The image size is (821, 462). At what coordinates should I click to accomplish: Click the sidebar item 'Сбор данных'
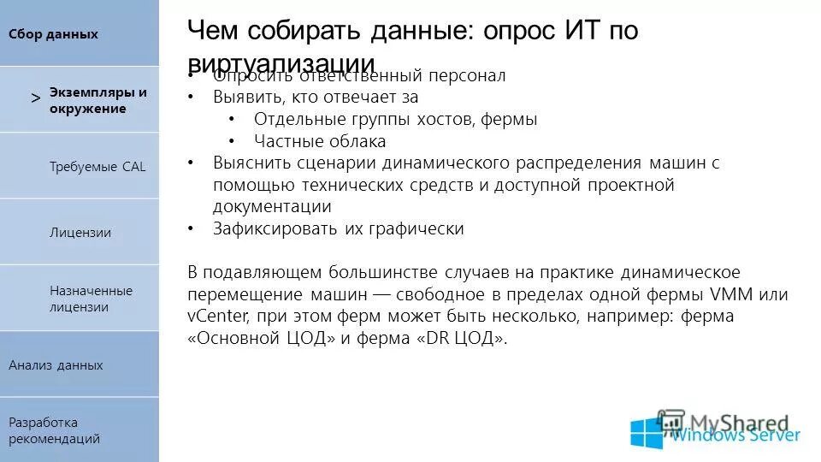(x=53, y=34)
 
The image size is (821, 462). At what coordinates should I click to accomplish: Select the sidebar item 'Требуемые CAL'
(x=97, y=166)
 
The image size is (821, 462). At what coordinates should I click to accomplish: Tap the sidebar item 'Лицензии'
(x=80, y=233)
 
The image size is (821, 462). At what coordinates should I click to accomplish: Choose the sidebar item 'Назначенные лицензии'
(x=91, y=299)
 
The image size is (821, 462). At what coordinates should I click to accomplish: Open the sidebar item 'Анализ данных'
(x=56, y=365)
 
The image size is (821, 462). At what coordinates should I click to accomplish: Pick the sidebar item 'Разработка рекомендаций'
(x=55, y=430)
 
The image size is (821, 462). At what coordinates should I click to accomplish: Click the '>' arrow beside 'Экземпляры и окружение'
(x=35, y=98)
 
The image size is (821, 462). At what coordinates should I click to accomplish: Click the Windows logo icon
(x=647, y=433)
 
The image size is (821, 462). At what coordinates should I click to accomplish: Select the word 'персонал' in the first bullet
(x=468, y=75)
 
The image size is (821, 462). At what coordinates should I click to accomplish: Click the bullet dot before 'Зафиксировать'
(x=192, y=228)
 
